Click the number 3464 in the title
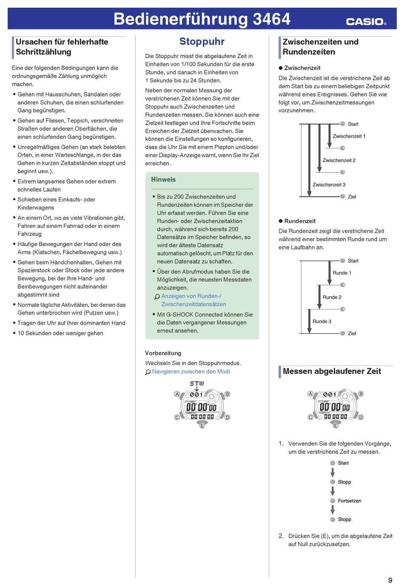(x=271, y=19)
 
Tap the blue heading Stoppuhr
(x=202, y=42)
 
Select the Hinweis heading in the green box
(x=163, y=180)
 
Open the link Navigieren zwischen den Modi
(x=191, y=371)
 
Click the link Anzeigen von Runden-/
(x=191, y=296)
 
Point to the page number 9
(x=390, y=580)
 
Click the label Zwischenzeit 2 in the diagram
(x=339, y=160)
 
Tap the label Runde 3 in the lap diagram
(x=321, y=321)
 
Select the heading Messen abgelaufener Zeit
(x=332, y=371)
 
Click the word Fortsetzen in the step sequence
(x=350, y=501)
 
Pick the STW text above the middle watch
(x=196, y=383)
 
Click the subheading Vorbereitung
(x=163, y=353)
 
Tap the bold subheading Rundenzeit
(x=300, y=221)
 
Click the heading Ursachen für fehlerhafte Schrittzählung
(x=62, y=47)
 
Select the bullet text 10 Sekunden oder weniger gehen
(x=60, y=333)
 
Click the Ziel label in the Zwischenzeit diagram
(x=352, y=197)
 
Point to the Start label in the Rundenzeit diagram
(x=353, y=261)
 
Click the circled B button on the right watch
(x=361, y=394)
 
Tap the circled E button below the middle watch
(x=202, y=425)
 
